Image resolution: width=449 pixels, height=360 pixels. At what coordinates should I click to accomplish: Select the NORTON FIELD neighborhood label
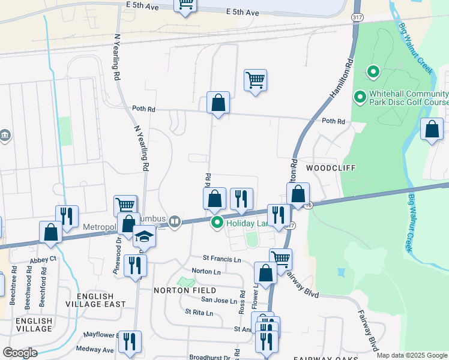tap(184, 290)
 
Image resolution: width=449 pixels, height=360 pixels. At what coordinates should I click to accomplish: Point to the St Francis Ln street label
tap(221, 259)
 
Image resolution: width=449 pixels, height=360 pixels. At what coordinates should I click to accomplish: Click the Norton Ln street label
tap(206, 272)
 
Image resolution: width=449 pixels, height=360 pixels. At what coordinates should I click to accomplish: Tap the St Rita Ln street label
tap(199, 313)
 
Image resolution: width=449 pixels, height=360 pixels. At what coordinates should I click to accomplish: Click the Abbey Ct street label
tap(43, 259)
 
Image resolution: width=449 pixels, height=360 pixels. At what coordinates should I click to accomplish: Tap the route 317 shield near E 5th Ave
tap(357, 17)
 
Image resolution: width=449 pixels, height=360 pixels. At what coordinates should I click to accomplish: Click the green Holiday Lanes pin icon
tap(217, 223)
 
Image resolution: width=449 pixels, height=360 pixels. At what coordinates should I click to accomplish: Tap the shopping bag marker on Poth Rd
tap(218, 103)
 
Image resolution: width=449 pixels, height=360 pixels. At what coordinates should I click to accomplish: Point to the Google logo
tap(20, 352)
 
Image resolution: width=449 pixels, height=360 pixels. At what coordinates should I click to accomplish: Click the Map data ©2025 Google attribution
tap(411, 355)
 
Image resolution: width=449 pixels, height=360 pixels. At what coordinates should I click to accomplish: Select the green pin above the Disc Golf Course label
tap(373, 73)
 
